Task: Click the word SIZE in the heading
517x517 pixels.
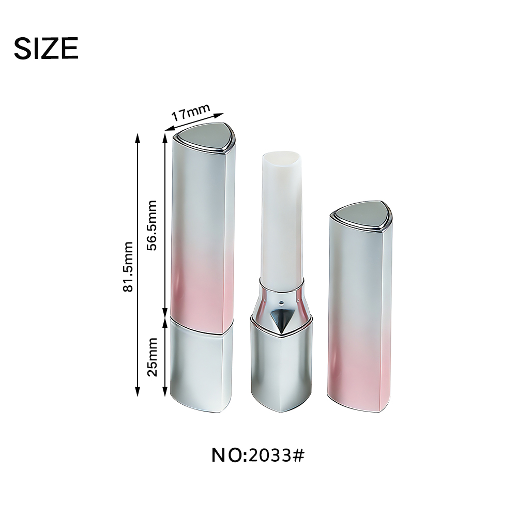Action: click(x=46, y=48)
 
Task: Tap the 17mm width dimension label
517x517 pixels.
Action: click(x=191, y=112)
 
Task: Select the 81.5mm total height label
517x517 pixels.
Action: click(x=128, y=266)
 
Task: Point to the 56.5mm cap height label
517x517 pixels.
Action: click(x=151, y=225)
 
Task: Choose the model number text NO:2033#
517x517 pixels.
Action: click(x=258, y=455)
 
